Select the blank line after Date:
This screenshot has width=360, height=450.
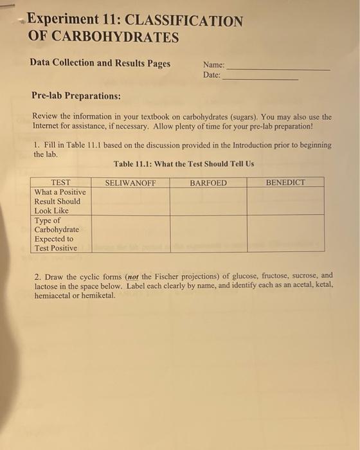coord(260,76)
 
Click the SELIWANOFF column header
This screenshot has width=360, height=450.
coord(130,183)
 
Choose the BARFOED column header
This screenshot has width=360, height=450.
coord(208,183)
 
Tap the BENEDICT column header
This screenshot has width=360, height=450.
coord(285,183)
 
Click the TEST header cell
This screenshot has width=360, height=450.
coord(60,183)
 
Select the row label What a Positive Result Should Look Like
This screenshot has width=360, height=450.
coord(60,201)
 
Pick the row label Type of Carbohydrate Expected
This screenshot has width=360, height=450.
coord(57,234)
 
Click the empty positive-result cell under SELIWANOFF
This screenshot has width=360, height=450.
coord(130,201)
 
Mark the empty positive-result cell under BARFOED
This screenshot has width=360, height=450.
coord(208,201)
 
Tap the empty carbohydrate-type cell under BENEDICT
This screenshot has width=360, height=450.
coord(285,233)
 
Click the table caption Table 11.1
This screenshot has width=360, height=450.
coord(184,164)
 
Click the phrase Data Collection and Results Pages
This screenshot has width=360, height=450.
coord(100,64)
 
